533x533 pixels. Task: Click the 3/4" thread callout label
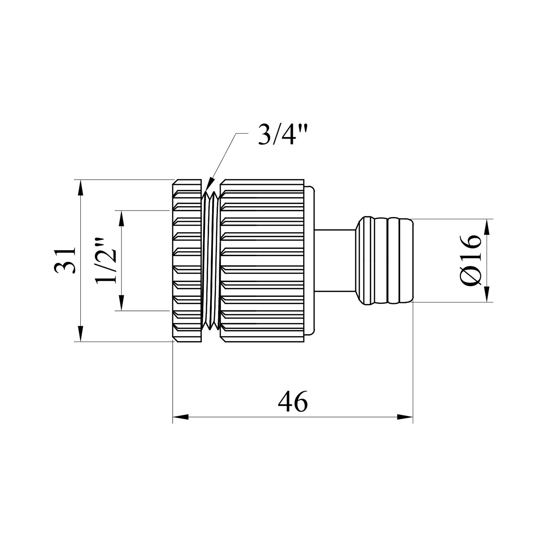click(x=282, y=135)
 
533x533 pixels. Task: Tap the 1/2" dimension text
click(x=106, y=260)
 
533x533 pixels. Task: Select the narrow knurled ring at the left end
click(x=187, y=260)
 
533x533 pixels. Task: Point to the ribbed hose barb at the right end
click(x=386, y=260)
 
